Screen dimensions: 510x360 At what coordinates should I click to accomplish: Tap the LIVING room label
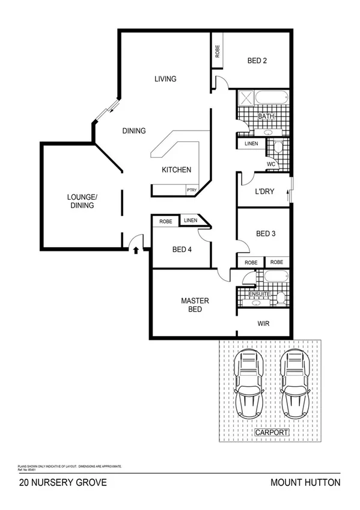click(x=165, y=79)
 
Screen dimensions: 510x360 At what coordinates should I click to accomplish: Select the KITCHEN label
click(x=177, y=170)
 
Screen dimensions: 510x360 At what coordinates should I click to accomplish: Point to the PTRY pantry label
click(x=192, y=190)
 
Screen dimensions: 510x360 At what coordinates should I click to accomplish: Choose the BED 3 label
click(x=265, y=234)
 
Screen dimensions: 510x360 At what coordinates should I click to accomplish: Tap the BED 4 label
click(x=182, y=250)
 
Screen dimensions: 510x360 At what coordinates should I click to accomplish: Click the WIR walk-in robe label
click(x=263, y=324)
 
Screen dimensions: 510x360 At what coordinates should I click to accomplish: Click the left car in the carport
click(x=249, y=384)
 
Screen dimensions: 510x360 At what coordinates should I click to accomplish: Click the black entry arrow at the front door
click(x=135, y=248)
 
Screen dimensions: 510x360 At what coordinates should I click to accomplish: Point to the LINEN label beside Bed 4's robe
click(x=191, y=221)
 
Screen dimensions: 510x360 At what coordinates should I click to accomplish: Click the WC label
click(x=271, y=164)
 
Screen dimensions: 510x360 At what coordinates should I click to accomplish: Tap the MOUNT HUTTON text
click(x=305, y=482)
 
